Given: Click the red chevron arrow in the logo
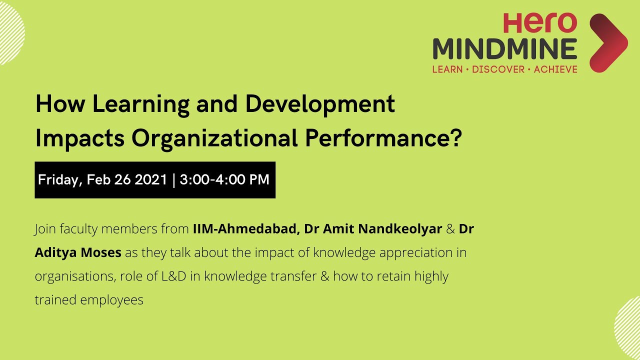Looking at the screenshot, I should pos(608,43).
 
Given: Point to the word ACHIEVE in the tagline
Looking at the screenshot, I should pos(555,69).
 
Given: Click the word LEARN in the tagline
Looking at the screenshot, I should pos(447,69).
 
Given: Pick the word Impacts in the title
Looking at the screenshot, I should pos(79,139).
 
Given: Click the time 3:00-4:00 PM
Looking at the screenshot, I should pos(224,180).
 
